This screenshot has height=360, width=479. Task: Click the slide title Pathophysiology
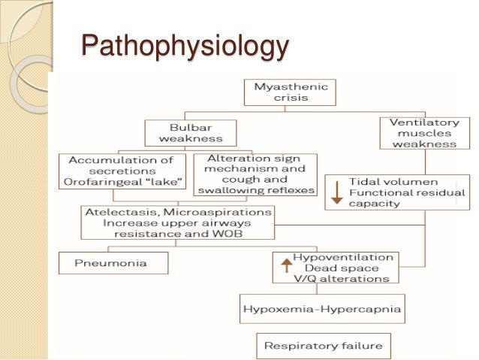[184, 46]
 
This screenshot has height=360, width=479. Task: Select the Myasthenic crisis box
[290, 92]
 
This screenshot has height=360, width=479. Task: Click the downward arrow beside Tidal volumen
[337, 192]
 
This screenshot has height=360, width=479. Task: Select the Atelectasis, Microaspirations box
[177, 222]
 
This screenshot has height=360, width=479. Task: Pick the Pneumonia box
[113, 263]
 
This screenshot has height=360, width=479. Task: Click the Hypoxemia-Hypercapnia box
[322, 307]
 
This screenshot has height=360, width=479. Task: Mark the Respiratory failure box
[324, 346]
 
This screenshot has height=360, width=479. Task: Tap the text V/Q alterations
[341, 279]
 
